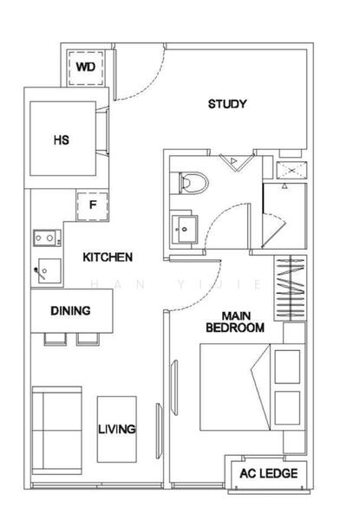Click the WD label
85,66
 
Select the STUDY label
227,105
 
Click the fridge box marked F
92,205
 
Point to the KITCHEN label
108,257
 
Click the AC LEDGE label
271,473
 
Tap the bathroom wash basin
185,230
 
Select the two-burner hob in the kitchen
45,236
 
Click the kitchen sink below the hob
47,270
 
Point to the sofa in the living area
56,429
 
